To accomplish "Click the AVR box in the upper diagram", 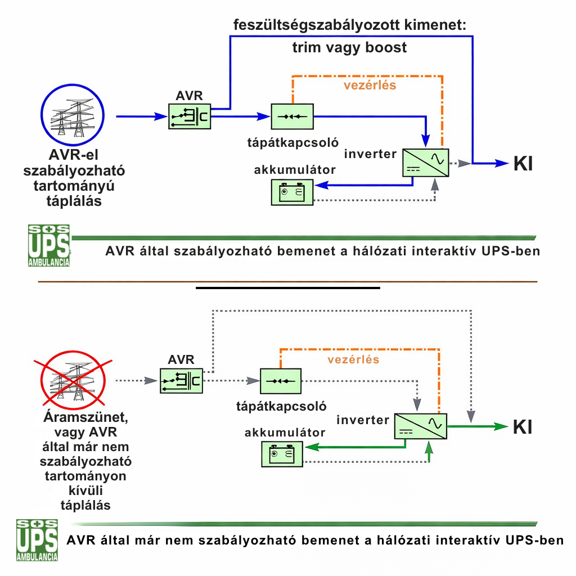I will (x=189, y=116).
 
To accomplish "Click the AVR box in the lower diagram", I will (x=181, y=381).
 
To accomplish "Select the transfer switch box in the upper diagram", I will (x=292, y=116).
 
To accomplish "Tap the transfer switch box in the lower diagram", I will (x=281, y=381).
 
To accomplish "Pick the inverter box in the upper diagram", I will (x=426, y=162).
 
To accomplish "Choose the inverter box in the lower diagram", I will (x=420, y=426).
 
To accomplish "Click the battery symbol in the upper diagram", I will (x=292, y=192).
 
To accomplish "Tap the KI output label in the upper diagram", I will (x=523, y=164).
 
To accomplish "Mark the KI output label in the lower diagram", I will (x=523, y=427).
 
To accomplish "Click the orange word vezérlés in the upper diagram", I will (x=370, y=85).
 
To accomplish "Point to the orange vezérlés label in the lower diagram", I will (x=353, y=359).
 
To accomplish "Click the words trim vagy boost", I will (x=349, y=47).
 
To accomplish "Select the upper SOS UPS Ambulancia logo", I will (x=49, y=245).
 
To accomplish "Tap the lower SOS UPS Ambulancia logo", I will (x=37, y=540).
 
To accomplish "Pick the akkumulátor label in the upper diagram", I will (x=295, y=170).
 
